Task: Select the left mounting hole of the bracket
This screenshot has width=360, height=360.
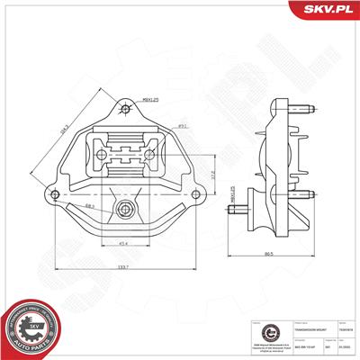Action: coord(57,195)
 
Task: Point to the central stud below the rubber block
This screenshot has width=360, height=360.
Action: coord(124,212)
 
